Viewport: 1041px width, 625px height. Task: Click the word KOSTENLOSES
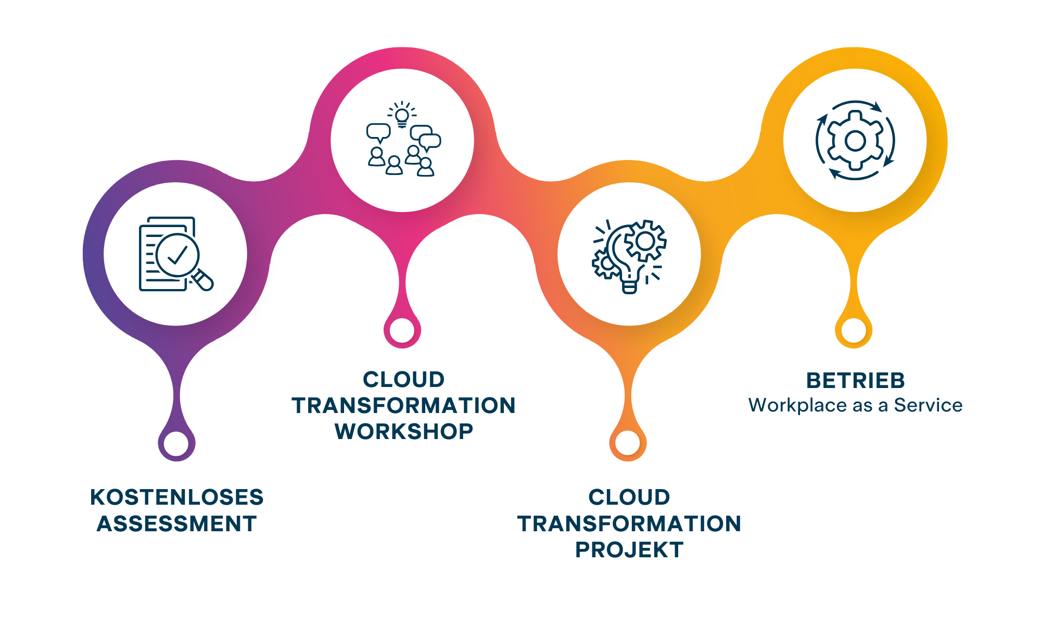tap(177, 497)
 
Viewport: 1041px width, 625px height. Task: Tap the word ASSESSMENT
tap(177, 523)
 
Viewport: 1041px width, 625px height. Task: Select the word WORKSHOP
tap(404, 431)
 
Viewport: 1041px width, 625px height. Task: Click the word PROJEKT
tap(629, 550)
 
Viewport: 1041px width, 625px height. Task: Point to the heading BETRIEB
tap(856, 381)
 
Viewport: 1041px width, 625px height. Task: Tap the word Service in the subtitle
tap(928, 405)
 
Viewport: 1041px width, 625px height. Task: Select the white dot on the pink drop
tap(402, 330)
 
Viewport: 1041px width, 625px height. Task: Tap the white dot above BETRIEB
tap(854, 330)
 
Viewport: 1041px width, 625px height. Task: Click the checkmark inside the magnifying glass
tap(177, 255)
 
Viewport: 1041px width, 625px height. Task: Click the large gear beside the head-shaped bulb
tap(645, 241)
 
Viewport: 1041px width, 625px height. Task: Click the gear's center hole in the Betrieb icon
tap(855, 141)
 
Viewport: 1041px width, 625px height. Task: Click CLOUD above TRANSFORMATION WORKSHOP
tap(404, 380)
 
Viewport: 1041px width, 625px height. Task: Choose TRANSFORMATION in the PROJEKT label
tap(629, 523)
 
